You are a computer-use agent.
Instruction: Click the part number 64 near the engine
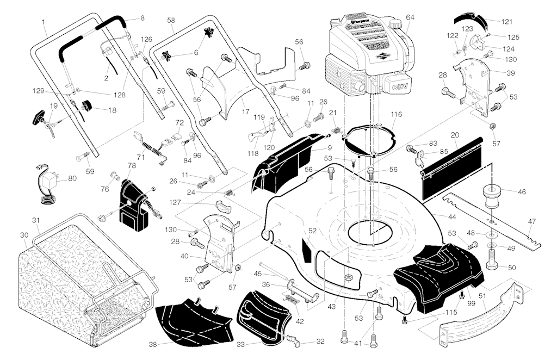point(410,17)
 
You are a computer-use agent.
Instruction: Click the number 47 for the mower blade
point(531,221)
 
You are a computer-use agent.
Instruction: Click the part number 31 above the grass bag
point(36,220)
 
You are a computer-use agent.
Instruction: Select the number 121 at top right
point(506,22)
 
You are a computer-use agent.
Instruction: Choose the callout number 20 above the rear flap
point(455,134)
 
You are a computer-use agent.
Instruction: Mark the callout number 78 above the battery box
point(131,165)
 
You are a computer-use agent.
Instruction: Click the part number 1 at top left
point(44,22)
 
